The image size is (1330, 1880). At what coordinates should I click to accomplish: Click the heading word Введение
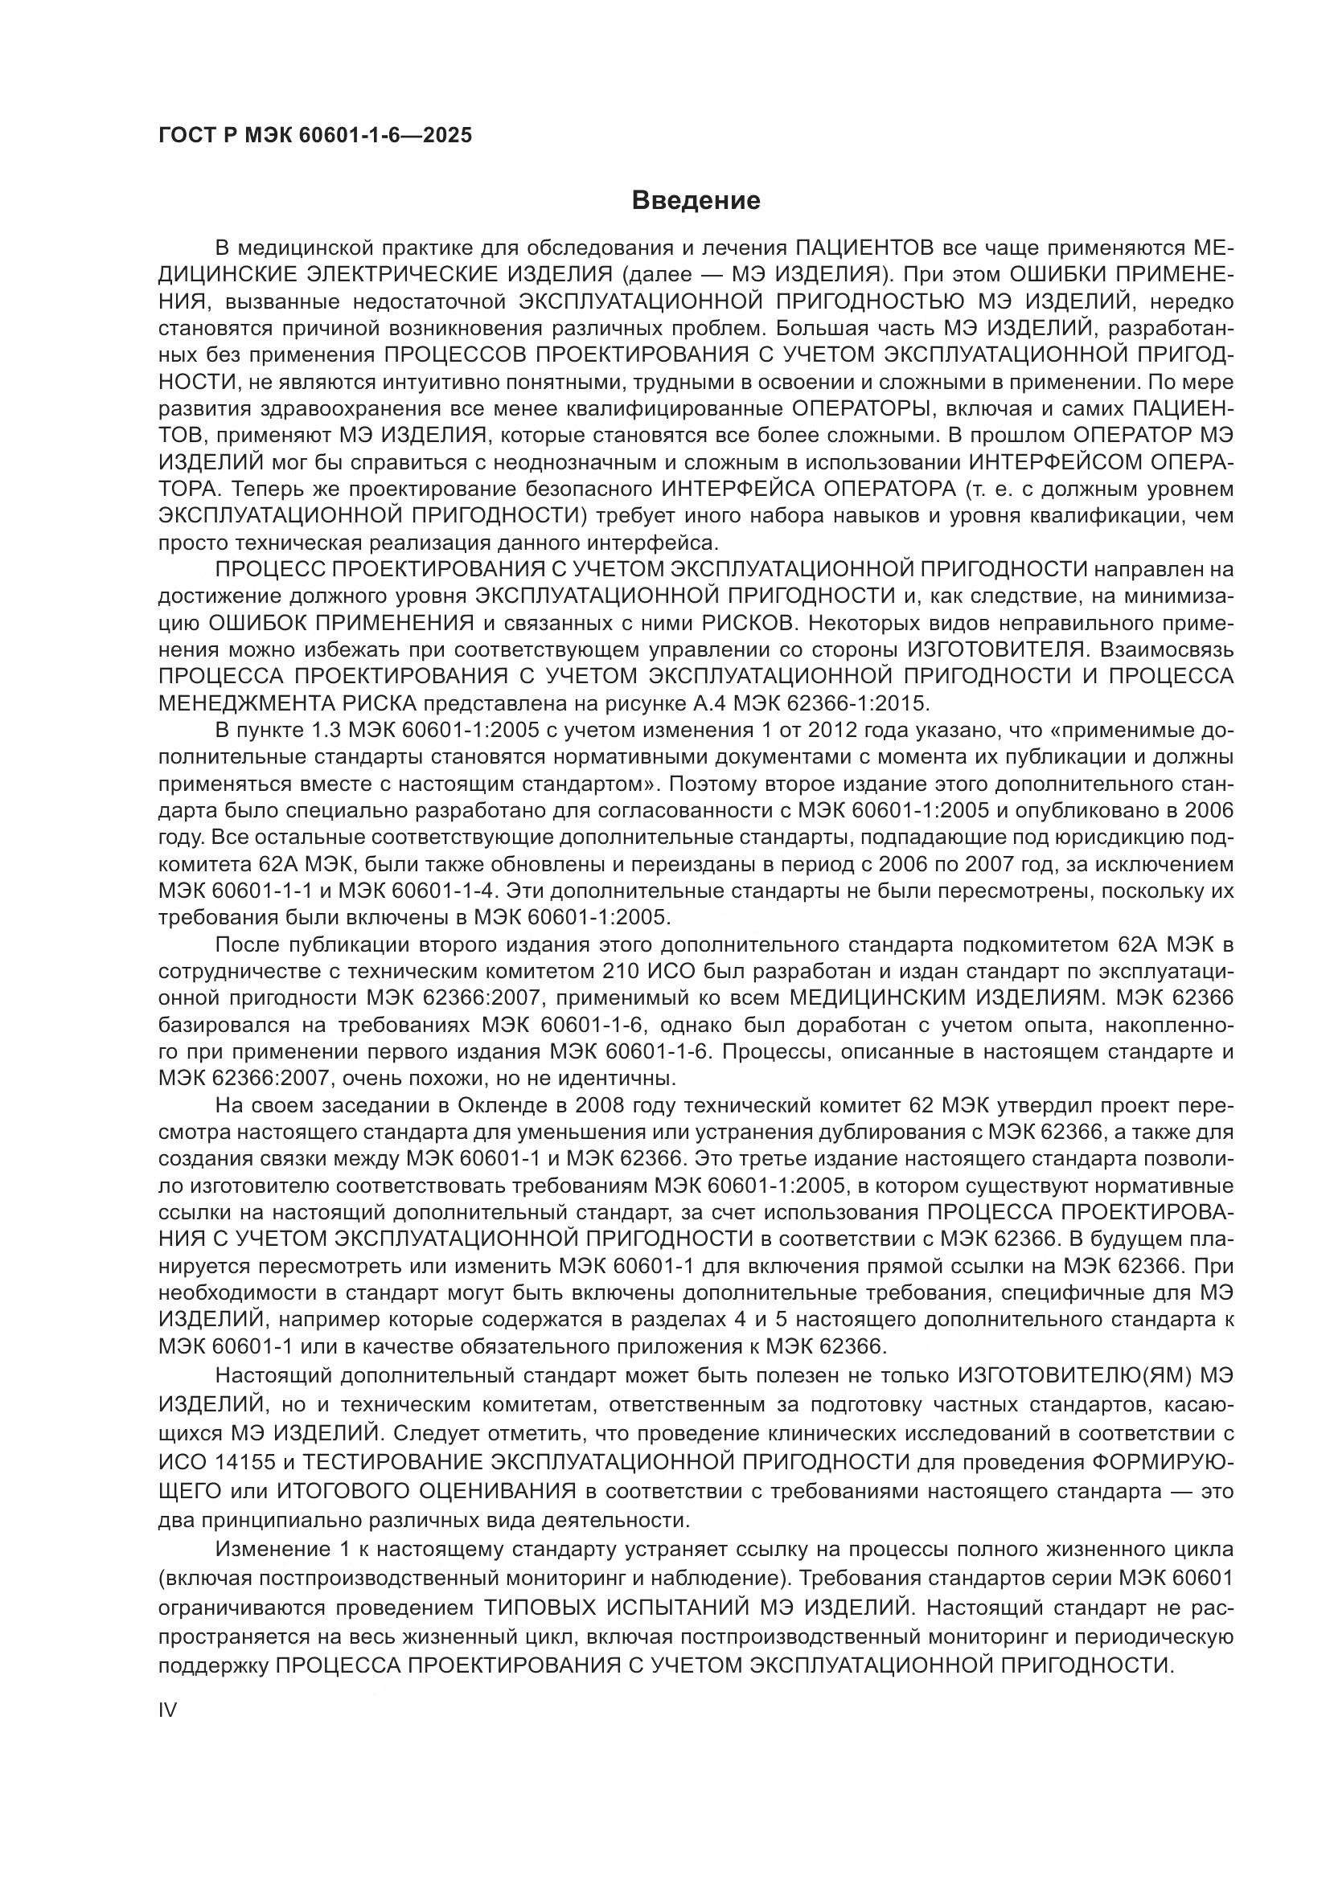696,201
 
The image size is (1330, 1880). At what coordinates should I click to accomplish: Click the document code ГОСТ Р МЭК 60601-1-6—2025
315,136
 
